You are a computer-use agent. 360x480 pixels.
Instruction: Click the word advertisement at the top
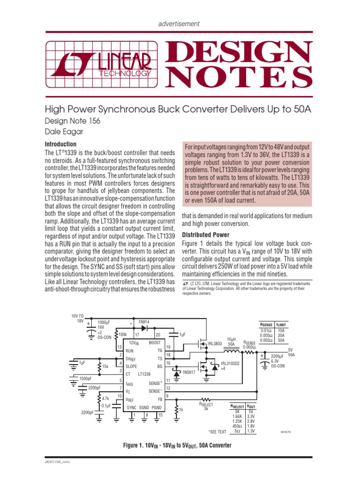(x=180, y=23)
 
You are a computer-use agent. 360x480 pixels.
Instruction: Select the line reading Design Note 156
(x=72, y=121)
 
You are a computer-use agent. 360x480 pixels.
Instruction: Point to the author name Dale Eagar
(x=64, y=132)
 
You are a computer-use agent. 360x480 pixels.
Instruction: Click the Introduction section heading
(x=60, y=144)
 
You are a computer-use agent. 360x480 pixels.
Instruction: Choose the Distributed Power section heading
(x=206, y=234)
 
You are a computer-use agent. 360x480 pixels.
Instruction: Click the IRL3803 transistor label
(x=215, y=343)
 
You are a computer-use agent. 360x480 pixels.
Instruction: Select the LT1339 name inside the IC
(x=144, y=374)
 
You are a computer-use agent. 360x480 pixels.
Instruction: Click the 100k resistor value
(x=123, y=334)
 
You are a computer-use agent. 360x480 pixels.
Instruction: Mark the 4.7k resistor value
(x=105, y=399)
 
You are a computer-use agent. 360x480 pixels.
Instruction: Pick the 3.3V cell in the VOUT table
(x=251, y=416)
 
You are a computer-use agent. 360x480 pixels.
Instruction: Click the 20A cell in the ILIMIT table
(x=281, y=335)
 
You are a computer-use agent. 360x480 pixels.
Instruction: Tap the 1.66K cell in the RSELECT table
(x=237, y=416)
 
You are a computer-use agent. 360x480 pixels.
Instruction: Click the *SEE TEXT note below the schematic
(x=217, y=432)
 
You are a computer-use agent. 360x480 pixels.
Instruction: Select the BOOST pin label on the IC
(x=155, y=343)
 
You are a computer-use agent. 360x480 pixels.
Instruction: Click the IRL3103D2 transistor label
(x=230, y=363)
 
